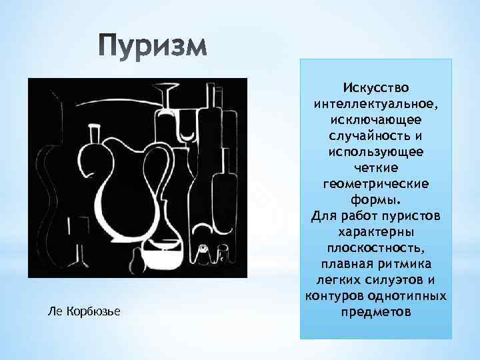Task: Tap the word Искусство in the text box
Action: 376,89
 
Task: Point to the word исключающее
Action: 376,120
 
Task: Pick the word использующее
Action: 376,152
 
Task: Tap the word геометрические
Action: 376,183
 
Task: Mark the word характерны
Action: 376,231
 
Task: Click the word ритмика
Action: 406,263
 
